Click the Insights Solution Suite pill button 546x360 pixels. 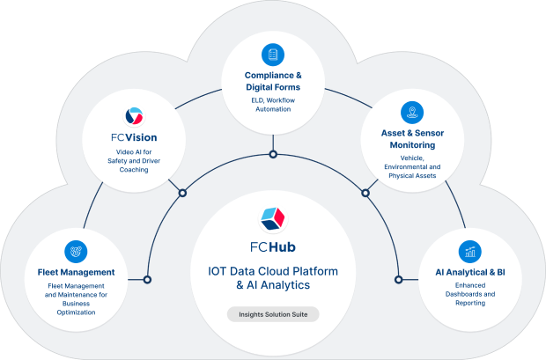(273, 313)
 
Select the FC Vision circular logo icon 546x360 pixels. (135, 115)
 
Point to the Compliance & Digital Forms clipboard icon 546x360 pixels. (273, 55)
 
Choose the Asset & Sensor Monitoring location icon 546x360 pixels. (410, 112)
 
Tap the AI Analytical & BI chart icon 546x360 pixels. (470, 251)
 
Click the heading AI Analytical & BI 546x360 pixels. (470, 273)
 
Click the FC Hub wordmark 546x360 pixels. (273, 245)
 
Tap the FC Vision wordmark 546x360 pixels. (135, 139)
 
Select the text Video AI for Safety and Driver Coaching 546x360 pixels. (135, 164)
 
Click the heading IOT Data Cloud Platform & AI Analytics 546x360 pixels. (273, 277)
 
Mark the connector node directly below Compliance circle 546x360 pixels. (273, 155)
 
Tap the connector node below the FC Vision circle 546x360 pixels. (182, 193)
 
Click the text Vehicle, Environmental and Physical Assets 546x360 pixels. (410, 166)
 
